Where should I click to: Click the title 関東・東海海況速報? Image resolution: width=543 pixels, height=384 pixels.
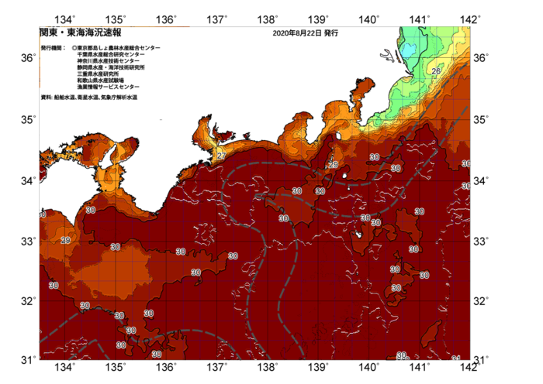(x=78, y=33)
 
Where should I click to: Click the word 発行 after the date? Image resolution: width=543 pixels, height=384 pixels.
(x=331, y=33)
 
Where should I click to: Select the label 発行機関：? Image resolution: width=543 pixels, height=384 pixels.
(x=54, y=48)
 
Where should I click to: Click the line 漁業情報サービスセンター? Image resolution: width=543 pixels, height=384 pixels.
(x=108, y=87)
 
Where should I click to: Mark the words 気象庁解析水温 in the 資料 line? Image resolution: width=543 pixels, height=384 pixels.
(x=122, y=98)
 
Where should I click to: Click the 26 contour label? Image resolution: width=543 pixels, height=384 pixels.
(x=435, y=71)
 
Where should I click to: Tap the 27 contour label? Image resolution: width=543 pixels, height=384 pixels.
(x=221, y=156)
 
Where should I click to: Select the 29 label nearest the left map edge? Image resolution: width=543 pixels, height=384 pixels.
(x=65, y=240)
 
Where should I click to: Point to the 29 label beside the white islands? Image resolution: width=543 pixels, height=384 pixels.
(x=333, y=165)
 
